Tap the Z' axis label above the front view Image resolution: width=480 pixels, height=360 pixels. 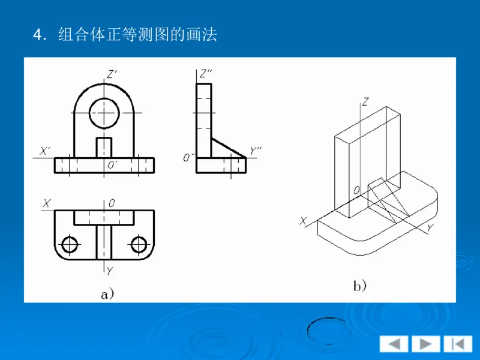coord(112,74)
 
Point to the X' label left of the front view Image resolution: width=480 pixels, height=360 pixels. coord(45,151)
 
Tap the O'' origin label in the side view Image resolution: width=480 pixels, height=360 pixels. coord(189,158)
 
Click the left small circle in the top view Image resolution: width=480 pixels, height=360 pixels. coord(70,244)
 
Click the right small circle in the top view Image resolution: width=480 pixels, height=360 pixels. coord(139,244)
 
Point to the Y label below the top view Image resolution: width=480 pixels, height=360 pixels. coord(110,271)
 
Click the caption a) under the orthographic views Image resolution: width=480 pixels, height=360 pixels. coord(107,293)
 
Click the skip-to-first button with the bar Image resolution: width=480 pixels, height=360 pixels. coord(458,344)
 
